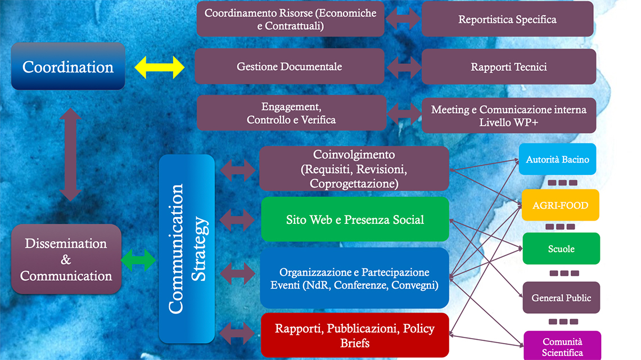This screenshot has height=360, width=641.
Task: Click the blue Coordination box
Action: [x=68, y=66]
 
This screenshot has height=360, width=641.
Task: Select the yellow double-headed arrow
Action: [x=160, y=67]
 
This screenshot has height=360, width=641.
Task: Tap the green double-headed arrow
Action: [x=138, y=260]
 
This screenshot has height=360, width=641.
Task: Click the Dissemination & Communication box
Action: [x=66, y=259]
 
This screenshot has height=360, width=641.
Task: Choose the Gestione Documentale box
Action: [x=289, y=66]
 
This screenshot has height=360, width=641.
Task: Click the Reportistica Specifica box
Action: [x=507, y=19]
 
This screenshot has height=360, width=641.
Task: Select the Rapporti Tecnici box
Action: [x=508, y=67]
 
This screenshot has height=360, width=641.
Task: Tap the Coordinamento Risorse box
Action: [x=290, y=19]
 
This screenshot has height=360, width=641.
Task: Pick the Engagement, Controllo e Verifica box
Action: [x=291, y=112]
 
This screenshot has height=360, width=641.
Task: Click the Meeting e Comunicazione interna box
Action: [x=508, y=115]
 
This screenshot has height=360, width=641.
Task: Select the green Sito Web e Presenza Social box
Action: [x=355, y=219]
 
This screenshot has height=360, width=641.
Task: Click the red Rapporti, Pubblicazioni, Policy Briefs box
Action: [x=355, y=335]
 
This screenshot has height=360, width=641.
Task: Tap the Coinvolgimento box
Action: [x=354, y=169]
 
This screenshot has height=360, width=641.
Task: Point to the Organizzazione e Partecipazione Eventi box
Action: [x=355, y=278]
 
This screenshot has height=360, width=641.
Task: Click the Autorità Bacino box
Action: [x=557, y=159]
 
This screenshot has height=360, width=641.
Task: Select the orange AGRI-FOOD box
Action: [x=560, y=205]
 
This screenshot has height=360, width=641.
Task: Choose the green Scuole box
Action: [x=561, y=249]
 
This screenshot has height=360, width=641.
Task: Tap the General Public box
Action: [x=561, y=298]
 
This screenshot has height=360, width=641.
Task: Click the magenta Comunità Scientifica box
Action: [x=562, y=346]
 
